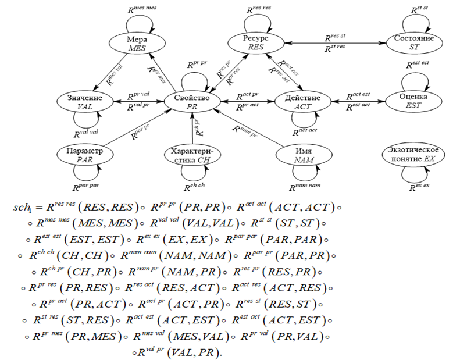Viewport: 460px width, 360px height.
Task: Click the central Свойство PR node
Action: [x=191, y=101]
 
